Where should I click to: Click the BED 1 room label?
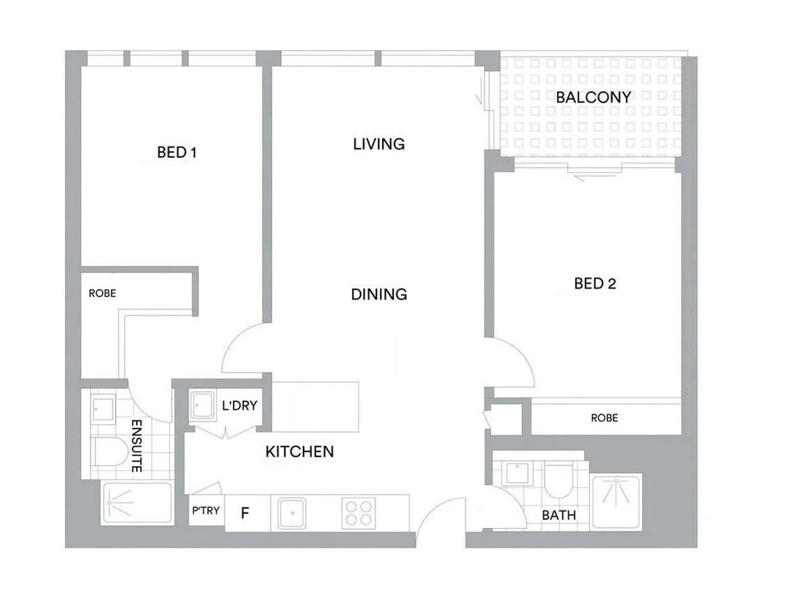[x=176, y=152]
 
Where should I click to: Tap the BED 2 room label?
[x=595, y=284]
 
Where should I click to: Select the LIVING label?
[x=379, y=144]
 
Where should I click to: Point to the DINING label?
[x=379, y=294]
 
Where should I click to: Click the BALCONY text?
[x=593, y=97]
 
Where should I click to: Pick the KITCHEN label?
[x=300, y=452]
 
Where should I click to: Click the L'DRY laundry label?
[x=239, y=406]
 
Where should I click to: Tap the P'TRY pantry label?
[x=206, y=511]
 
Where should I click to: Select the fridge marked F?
[x=245, y=513]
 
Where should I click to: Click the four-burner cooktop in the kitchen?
[x=358, y=513]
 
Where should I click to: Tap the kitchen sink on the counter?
[x=292, y=513]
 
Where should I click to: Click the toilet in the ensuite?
[x=111, y=452]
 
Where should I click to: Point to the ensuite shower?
[x=137, y=502]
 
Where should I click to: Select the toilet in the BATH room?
[x=558, y=480]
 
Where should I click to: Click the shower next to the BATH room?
[x=616, y=502]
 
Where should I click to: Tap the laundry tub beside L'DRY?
[x=201, y=405]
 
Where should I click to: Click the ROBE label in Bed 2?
[x=604, y=418]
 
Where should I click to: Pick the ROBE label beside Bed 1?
[x=102, y=293]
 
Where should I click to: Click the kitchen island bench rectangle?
[x=315, y=407]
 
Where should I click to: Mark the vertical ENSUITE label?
[x=136, y=446]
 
